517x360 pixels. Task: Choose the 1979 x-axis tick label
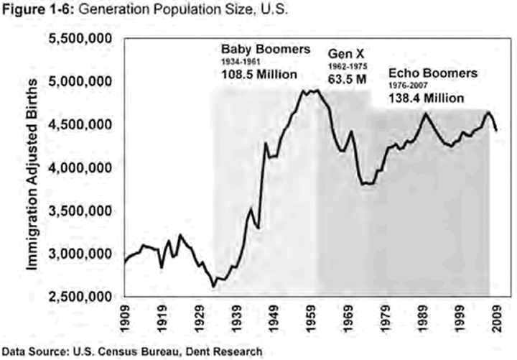pyautogui.click(x=388, y=319)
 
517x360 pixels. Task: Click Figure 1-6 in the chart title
pyautogui.click(x=31, y=9)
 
